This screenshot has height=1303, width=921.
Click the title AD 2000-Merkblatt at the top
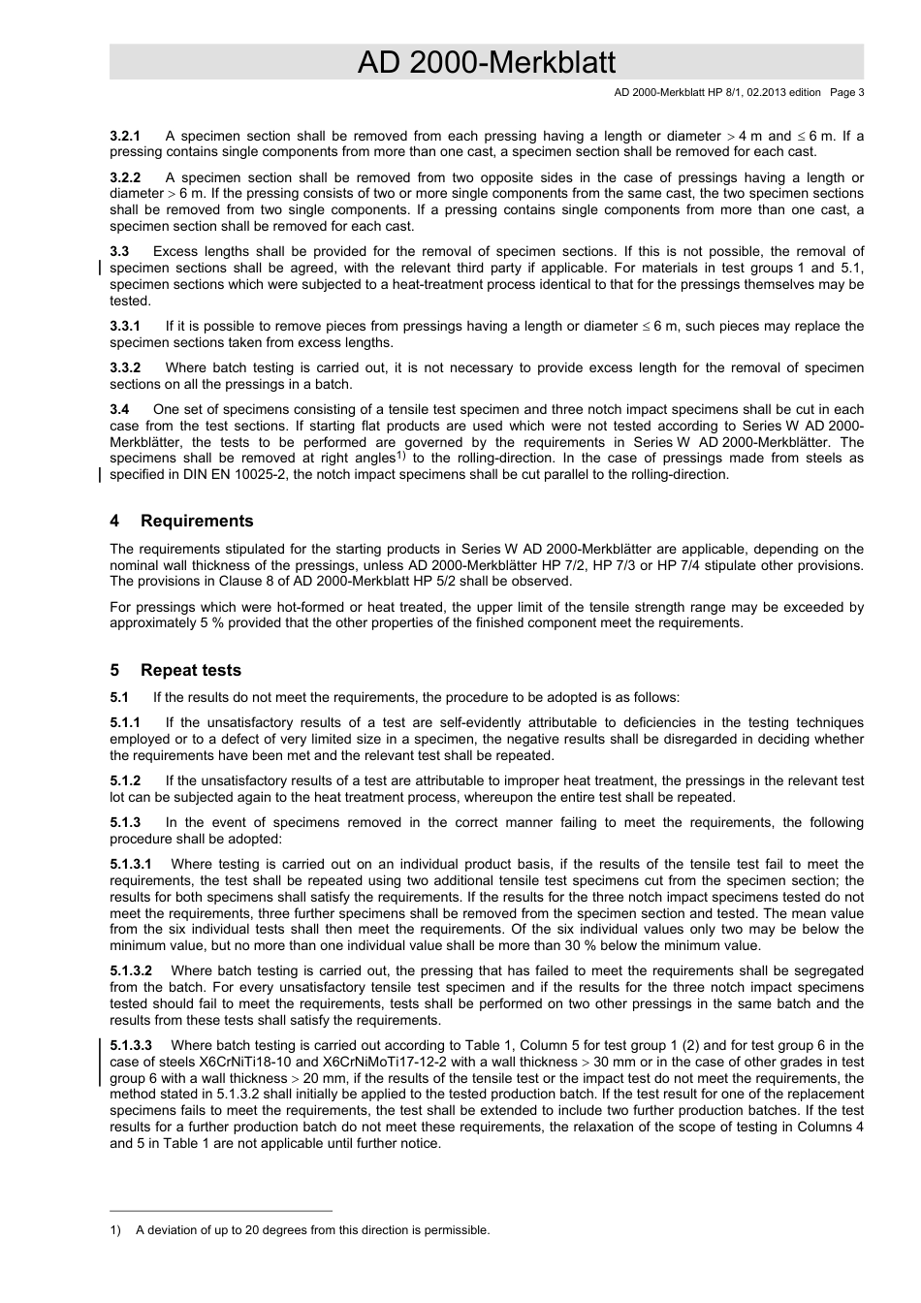tap(487, 63)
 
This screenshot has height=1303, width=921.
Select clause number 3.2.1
tap(125, 136)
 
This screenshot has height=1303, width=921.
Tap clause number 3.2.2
tap(125, 177)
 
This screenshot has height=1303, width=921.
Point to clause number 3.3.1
tap(125, 326)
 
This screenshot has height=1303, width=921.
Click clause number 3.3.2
tap(125, 367)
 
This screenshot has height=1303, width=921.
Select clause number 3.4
tap(120, 409)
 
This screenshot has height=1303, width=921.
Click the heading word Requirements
tap(197, 521)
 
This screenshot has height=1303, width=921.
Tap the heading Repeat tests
tap(191, 670)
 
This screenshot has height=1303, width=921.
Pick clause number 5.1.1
tap(125, 722)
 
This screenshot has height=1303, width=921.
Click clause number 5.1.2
tap(125, 780)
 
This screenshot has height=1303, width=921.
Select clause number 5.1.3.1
tap(131, 864)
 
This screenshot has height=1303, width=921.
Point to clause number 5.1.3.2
tap(131, 970)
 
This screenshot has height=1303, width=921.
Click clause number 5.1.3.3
tap(131, 1045)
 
